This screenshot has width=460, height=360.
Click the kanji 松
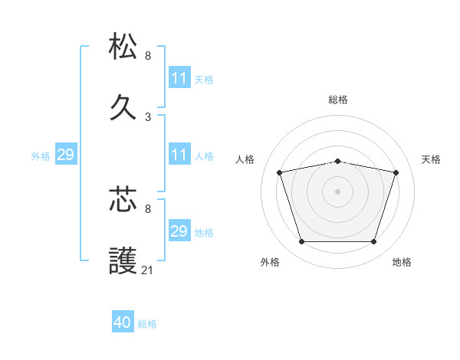tap(123, 47)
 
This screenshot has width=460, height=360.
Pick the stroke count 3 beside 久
tap(148, 116)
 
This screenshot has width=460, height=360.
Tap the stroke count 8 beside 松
tap(148, 56)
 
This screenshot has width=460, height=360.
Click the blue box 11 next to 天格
tap(179, 78)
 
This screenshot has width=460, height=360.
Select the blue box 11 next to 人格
tap(179, 155)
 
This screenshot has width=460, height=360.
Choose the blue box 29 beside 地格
tap(179, 231)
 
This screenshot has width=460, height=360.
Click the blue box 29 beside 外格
tap(65, 155)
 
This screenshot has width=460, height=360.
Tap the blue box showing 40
tap(123, 322)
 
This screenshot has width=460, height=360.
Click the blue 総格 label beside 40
tap(147, 324)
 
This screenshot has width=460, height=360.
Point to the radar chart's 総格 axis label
tap(338, 100)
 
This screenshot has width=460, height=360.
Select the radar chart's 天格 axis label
tap(432, 159)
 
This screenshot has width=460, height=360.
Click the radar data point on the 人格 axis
tap(280, 172)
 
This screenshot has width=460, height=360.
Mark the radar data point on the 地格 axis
tap(374, 242)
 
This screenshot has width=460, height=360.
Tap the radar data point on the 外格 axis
tap(301, 242)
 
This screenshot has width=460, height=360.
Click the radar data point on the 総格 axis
tap(338, 161)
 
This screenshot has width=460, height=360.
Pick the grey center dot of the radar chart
tap(338, 191)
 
